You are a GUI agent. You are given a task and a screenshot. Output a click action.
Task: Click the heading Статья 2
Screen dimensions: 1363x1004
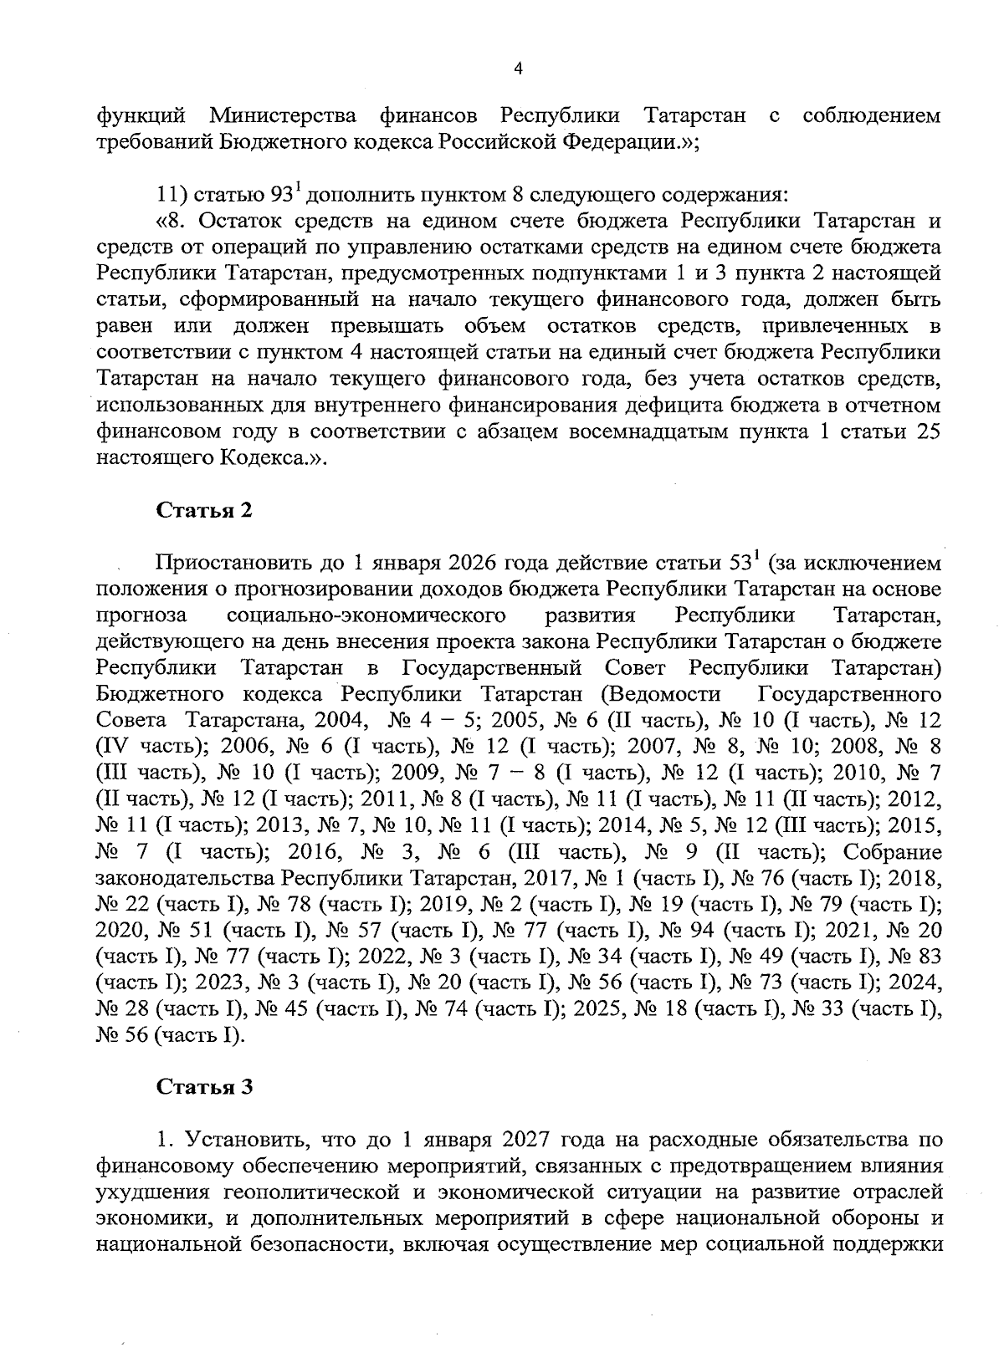click(204, 510)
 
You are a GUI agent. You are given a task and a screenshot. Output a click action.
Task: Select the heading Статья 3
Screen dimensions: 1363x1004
click(204, 1087)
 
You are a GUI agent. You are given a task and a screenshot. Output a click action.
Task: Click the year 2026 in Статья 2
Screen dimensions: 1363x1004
click(477, 562)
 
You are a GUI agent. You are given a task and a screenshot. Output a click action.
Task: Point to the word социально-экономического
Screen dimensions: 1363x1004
click(366, 615)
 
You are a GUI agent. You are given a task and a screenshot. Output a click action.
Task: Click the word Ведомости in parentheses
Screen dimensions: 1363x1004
click(665, 694)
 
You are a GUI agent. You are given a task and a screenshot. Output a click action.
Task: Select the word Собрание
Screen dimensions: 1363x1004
click(893, 853)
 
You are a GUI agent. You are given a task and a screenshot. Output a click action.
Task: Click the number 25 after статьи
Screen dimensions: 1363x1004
click(929, 432)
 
